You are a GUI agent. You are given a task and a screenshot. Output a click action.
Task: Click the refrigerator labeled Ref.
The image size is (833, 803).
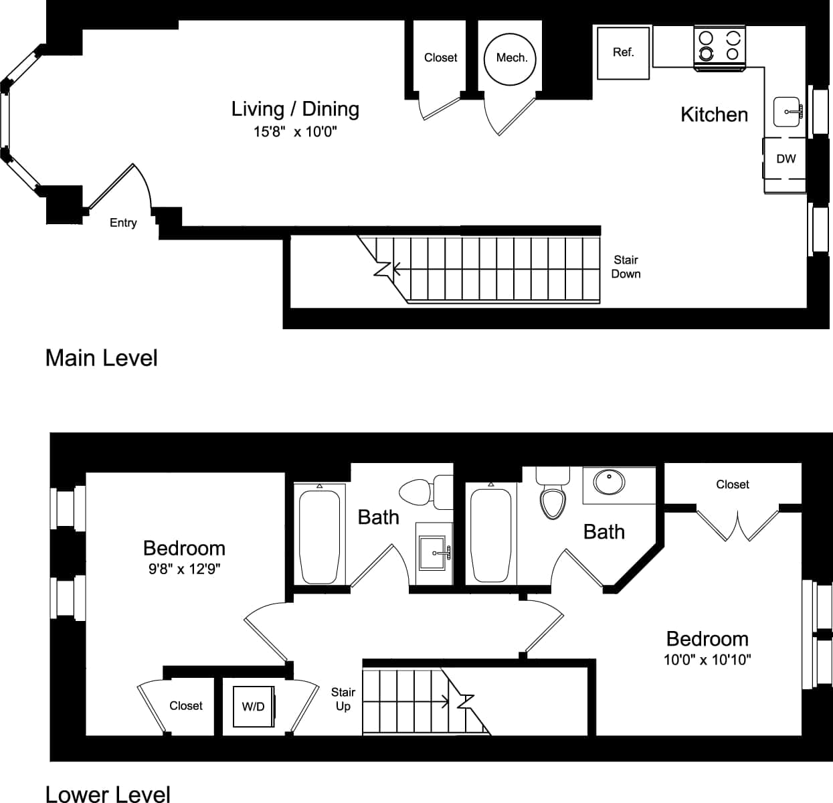[x=623, y=53]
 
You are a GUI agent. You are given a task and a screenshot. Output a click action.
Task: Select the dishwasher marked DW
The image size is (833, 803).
[x=785, y=159]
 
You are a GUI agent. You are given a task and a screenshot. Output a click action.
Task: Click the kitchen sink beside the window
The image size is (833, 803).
[x=788, y=112]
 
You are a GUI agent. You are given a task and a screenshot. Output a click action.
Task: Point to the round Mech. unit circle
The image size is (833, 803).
[x=512, y=58]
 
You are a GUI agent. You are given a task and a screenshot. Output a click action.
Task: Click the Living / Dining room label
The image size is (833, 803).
[x=295, y=109]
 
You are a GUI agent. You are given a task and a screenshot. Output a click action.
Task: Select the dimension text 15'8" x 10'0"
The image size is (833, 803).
[x=295, y=132]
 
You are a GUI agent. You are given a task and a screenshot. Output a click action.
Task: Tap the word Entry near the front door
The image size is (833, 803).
[x=123, y=223]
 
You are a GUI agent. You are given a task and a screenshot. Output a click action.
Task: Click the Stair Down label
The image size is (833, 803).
[x=626, y=267]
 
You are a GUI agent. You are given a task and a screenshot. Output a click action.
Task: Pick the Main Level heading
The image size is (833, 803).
[x=102, y=358]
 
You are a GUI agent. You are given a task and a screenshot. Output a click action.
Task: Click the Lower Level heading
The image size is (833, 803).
[x=108, y=794]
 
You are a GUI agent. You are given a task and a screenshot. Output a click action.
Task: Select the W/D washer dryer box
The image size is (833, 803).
[x=253, y=707]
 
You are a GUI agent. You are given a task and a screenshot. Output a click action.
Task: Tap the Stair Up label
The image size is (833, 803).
[x=343, y=699]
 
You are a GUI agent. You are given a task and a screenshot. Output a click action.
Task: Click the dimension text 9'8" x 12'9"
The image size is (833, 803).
[x=185, y=569]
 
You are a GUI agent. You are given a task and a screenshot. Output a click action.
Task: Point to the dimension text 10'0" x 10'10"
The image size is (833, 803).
[x=707, y=660]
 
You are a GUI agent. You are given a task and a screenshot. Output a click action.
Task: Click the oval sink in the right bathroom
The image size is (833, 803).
[x=609, y=482]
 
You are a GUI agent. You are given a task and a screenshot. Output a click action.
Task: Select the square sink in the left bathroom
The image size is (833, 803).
[x=434, y=553]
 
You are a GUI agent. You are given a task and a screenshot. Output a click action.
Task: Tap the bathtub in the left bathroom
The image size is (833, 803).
[x=320, y=537]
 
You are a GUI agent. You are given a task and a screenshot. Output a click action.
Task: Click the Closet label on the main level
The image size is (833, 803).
[x=440, y=58]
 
